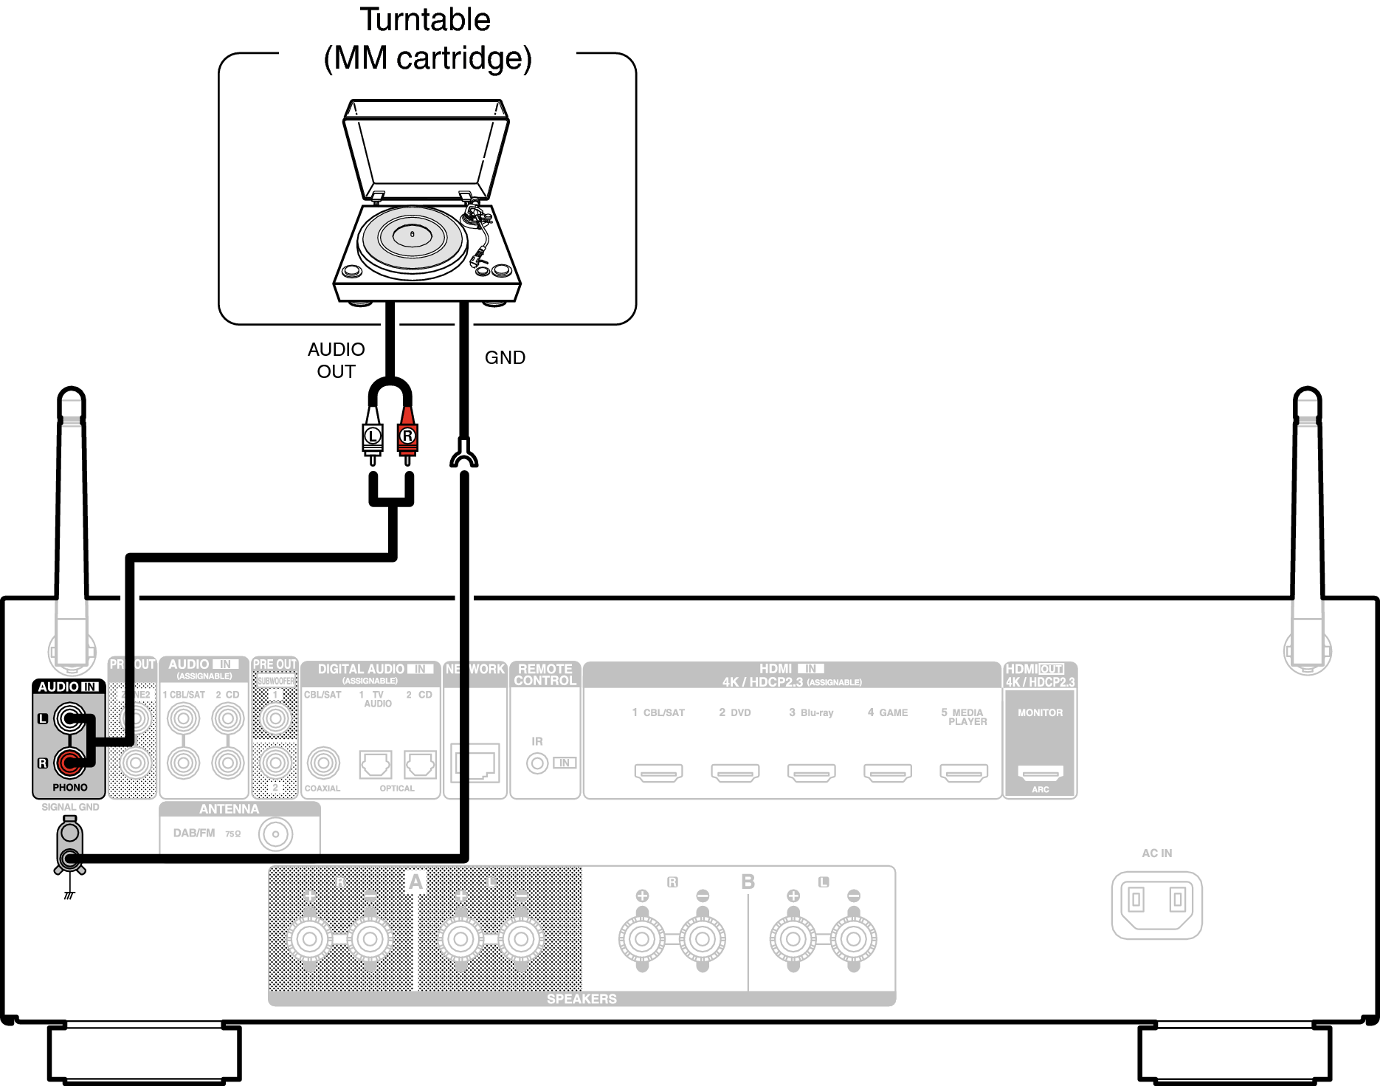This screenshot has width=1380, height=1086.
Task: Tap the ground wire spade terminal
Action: point(463,453)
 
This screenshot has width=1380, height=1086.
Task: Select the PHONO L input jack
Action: point(70,718)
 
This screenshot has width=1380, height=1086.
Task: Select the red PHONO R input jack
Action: point(70,763)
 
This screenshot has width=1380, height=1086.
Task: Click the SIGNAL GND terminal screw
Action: point(70,858)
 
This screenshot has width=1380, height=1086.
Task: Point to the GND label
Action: point(505,357)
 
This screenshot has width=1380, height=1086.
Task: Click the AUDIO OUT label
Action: point(337,360)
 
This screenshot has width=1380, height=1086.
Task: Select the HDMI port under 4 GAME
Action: point(888,773)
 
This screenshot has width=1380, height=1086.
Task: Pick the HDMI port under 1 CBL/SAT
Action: point(658,773)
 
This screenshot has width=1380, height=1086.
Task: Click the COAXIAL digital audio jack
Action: point(323,763)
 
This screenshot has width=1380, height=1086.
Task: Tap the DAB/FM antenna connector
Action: point(275,835)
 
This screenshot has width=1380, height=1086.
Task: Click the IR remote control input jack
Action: point(537,763)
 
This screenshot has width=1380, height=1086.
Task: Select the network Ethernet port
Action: point(476,763)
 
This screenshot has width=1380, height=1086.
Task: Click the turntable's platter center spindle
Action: point(412,235)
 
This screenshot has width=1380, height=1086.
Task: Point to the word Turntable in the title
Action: point(425,20)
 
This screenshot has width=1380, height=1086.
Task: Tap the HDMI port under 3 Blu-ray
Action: point(811,773)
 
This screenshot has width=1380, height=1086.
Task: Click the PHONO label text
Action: point(70,788)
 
